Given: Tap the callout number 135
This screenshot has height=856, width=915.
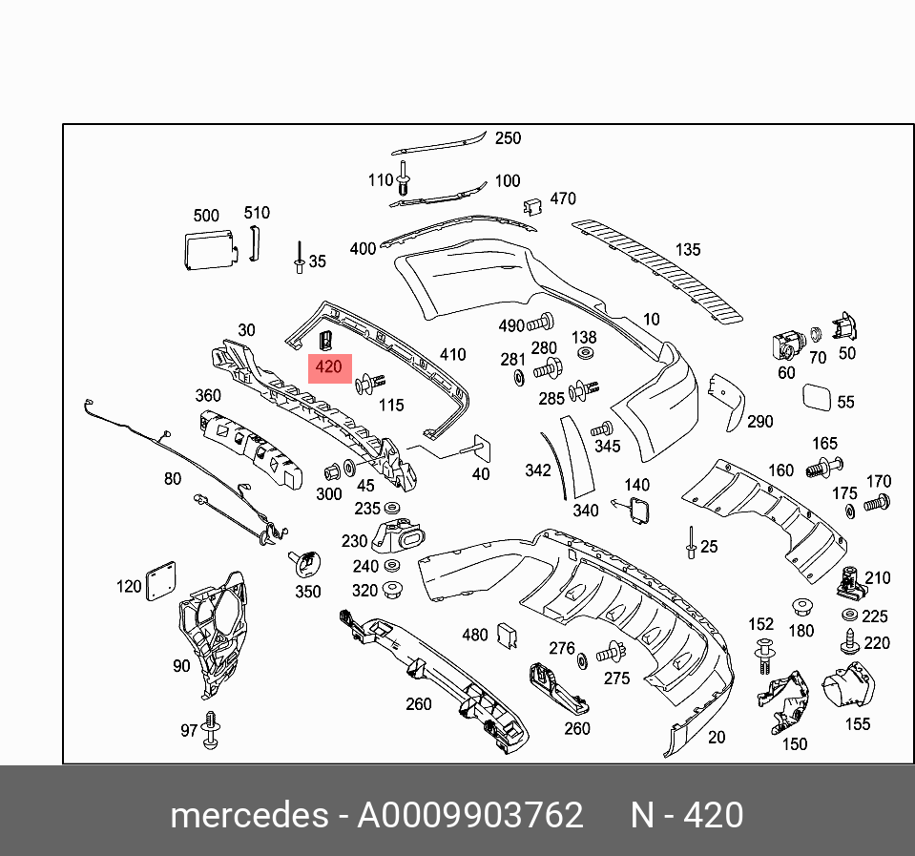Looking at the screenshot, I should click(x=687, y=250).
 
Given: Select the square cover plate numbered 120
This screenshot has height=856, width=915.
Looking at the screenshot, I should click(x=160, y=581).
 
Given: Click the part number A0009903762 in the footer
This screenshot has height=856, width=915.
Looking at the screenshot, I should click(x=469, y=816).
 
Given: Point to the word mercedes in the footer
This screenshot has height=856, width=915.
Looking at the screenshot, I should click(x=245, y=816).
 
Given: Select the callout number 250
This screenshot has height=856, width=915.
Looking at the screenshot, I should click(x=508, y=138).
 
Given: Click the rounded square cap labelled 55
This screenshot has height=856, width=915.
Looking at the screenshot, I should click(x=819, y=397).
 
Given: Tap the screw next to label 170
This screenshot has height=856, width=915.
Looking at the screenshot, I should click(x=876, y=501).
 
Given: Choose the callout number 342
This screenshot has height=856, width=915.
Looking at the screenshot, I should click(x=538, y=470).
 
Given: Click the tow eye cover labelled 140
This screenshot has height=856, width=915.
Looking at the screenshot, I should click(x=636, y=511).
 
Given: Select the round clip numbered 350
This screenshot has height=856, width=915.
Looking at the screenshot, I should click(x=306, y=563).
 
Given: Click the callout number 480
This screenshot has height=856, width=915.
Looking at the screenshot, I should click(x=474, y=635).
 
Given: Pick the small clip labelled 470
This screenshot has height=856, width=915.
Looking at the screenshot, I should click(x=532, y=206).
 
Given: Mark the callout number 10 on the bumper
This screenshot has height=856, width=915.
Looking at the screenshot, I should click(x=651, y=320).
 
